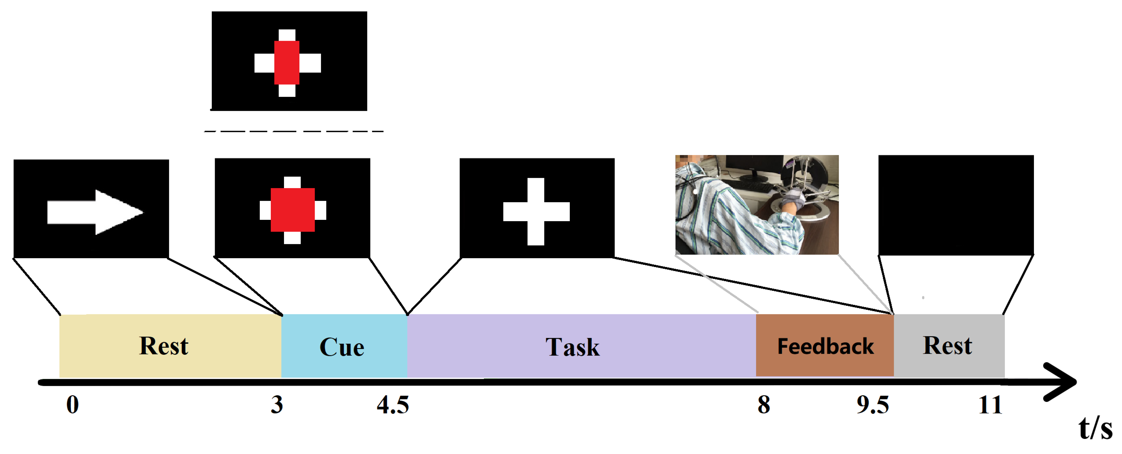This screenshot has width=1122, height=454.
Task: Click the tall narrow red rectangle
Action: point(287,62)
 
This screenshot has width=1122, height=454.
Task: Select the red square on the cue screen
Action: point(293,210)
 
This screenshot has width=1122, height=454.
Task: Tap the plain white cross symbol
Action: point(536,211)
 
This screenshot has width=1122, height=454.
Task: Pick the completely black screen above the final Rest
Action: point(956,205)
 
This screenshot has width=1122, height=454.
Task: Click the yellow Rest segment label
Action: point(164,346)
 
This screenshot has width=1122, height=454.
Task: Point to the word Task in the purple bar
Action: point(572,347)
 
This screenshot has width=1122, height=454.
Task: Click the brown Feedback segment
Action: point(825,346)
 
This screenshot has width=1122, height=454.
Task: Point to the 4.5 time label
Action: point(393,405)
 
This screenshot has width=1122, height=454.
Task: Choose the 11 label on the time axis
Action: point(990,405)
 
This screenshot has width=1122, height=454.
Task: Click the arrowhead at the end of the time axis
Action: point(1063,382)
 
